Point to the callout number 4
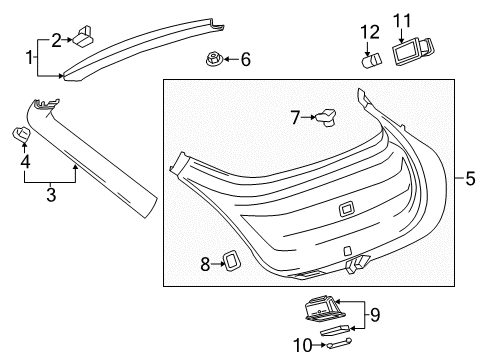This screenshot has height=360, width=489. [x=25, y=159]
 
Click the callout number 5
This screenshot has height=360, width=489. [x=469, y=179]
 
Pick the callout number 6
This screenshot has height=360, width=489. [x=245, y=59]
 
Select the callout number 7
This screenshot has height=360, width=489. [x=294, y=118]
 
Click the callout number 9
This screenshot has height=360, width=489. [x=375, y=314]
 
